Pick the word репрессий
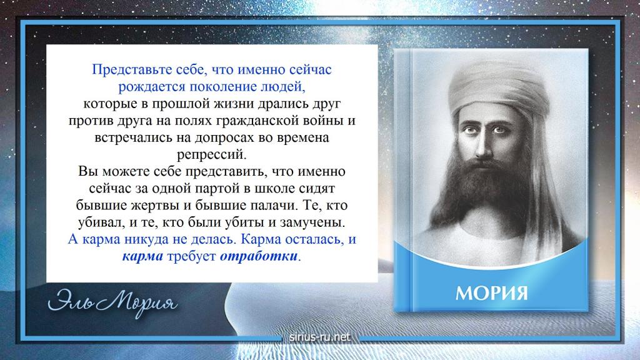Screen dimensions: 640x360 point(212,156)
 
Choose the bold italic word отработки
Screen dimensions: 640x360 point(258,257)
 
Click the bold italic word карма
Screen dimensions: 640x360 point(142,257)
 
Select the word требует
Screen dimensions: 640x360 point(191,257)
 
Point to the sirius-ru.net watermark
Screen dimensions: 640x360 point(319,337)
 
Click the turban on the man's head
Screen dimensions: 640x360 point(498,87)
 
